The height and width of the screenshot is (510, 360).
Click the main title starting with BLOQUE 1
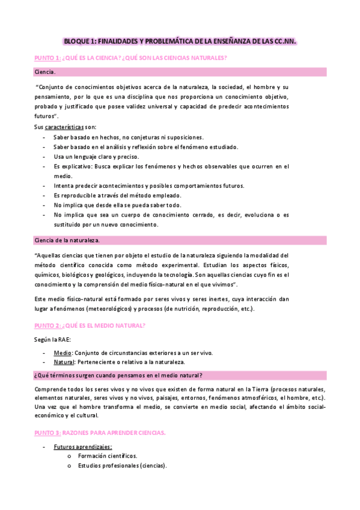click(x=180, y=41)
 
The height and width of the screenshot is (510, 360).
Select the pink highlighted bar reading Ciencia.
click(x=180, y=72)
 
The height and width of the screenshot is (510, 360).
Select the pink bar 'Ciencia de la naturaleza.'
click(x=180, y=241)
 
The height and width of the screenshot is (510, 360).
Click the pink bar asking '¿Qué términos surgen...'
click(x=180, y=376)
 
